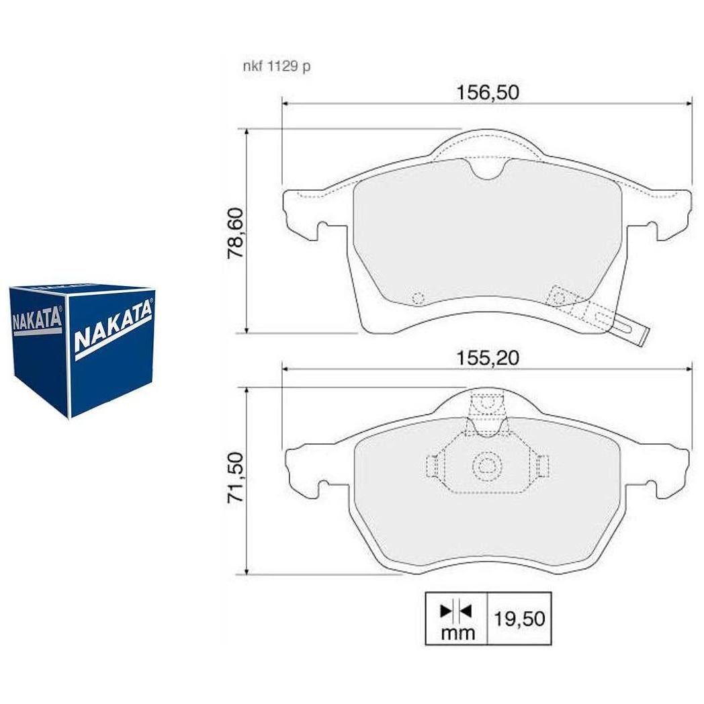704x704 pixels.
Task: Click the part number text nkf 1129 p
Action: click(277, 67)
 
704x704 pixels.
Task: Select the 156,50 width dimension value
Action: click(488, 93)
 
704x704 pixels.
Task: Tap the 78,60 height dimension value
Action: click(236, 232)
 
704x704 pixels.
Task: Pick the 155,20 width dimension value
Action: click(488, 358)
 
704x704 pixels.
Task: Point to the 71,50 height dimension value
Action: click(236, 477)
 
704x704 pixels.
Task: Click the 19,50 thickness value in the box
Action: click(519, 619)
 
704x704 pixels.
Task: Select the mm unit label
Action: click(457, 633)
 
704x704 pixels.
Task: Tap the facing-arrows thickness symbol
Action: click(455, 611)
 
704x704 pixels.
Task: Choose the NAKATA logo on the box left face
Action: click(37, 320)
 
